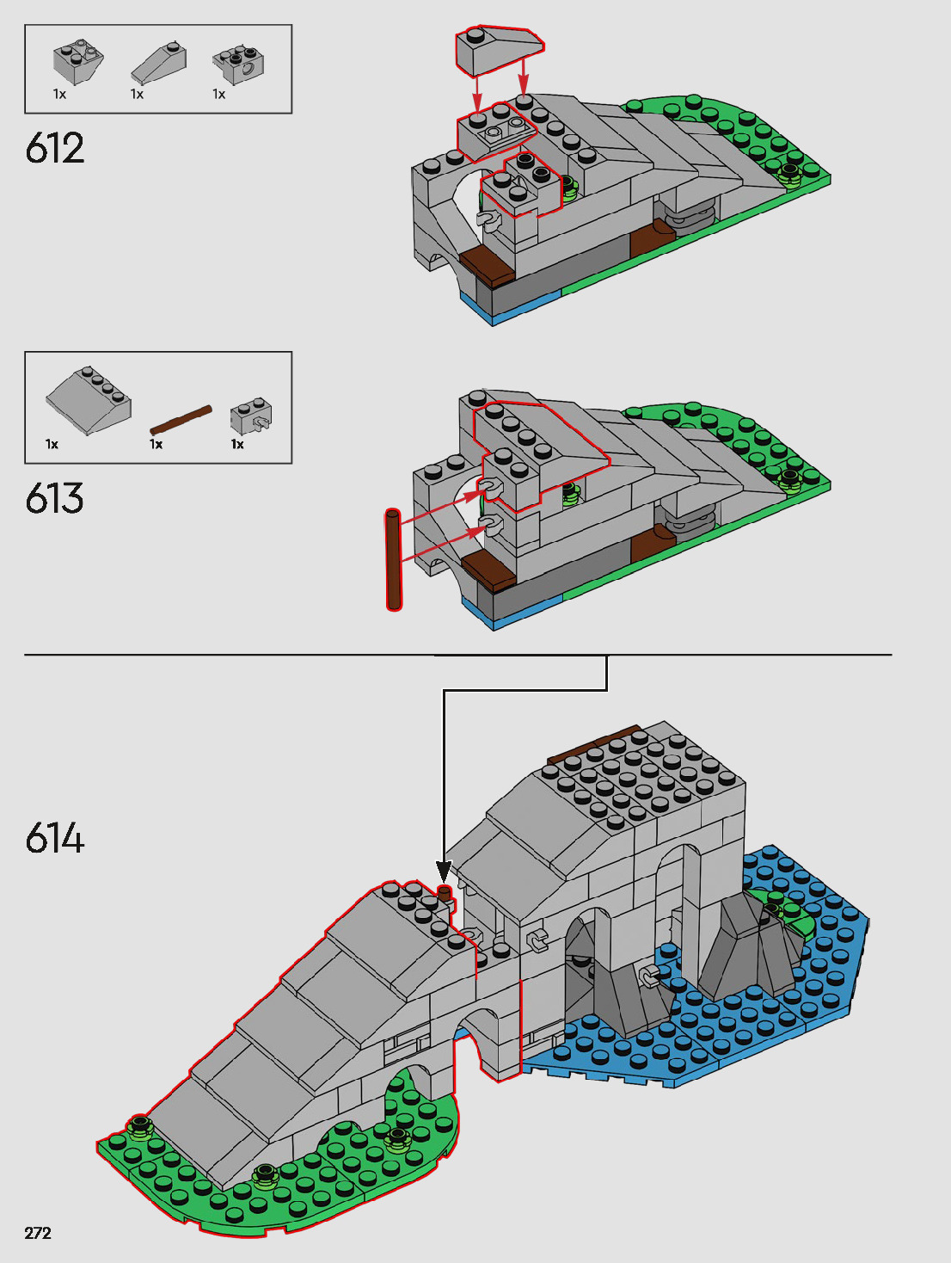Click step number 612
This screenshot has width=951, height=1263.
click(55, 149)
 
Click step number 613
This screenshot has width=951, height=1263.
click(55, 499)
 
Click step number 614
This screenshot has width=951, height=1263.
click(55, 838)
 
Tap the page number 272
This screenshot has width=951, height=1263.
click(38, 1233)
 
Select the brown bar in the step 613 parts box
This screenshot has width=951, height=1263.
click(181, 420)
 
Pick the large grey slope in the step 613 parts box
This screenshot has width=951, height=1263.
click(89, 402)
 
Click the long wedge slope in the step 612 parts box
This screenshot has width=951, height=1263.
click(159, 63)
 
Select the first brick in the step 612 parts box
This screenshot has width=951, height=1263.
click(78, 62)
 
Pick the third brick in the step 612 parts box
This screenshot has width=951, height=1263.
click(238, 63)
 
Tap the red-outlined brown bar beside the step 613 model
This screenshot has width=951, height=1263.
click(394, 559)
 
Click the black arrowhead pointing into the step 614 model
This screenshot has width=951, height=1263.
click(444, 872)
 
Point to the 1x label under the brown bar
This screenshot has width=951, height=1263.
click(156, 445)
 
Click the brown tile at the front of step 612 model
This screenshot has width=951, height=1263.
click(487, 267)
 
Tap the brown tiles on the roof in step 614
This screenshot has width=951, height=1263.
click(593, 744)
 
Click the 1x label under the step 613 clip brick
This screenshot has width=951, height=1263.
click(237, 445)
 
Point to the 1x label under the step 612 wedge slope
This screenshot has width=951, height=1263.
click(137, 95)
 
